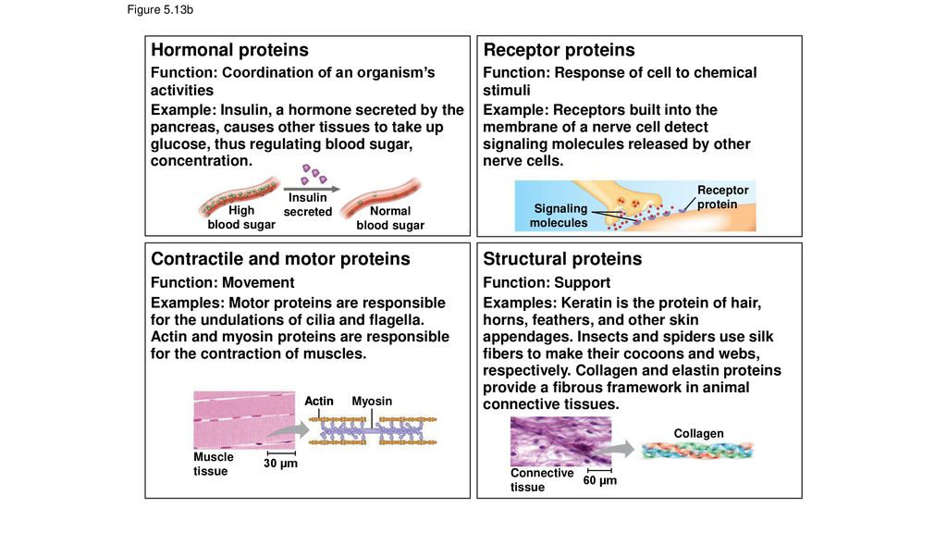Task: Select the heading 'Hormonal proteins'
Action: pos(229,50)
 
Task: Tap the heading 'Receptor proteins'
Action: pos(559,50)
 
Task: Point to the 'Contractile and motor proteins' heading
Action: pos(280,259)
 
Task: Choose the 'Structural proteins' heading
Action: pos(562,259)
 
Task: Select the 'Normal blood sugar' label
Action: pos(389,217)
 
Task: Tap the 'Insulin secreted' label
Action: pos(307,205)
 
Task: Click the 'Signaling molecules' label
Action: pos(558,216)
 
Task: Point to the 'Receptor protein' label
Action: pos(722,196)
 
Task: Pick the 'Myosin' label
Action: pos(372,401)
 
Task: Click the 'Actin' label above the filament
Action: pos(319,401)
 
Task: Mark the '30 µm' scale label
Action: pos(280,463)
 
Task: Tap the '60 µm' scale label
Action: pos(599,480)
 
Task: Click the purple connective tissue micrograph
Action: pos(560,441)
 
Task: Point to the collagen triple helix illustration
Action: pos(697,450)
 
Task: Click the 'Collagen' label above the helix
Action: pos(698,433)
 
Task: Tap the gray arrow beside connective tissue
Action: pos(623,449)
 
